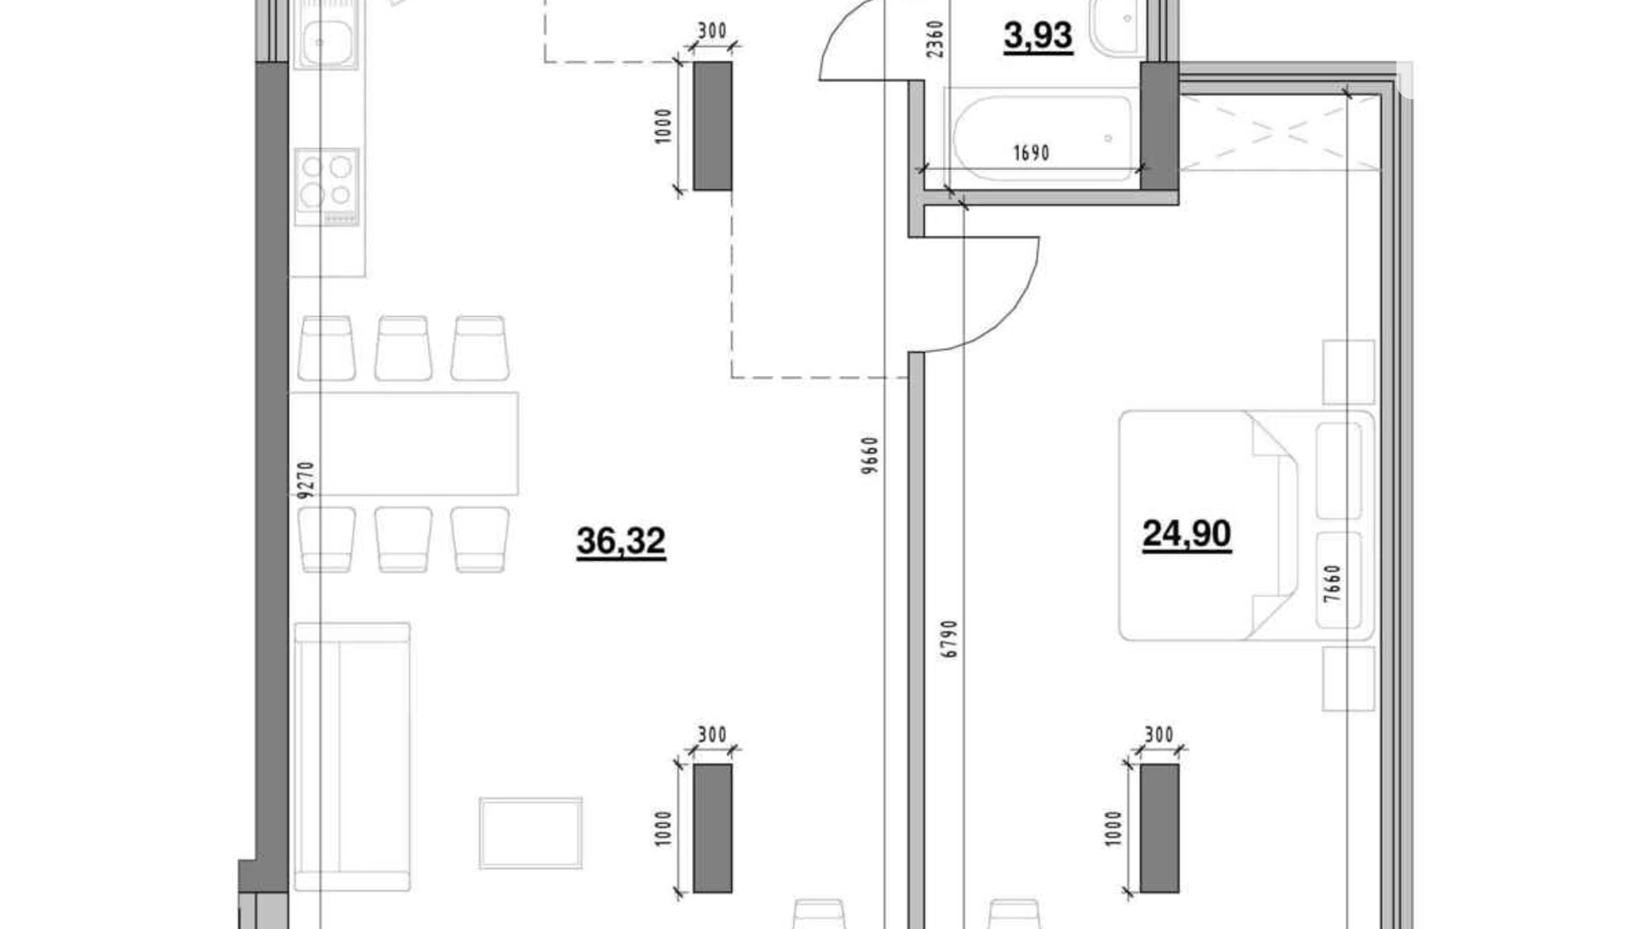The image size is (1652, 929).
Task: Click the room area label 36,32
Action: pos(621,541)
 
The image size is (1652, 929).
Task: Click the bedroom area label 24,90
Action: pos(1187,534)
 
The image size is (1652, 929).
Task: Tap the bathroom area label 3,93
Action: pos(1038,37)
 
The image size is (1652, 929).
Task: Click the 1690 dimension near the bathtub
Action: pos(1030,154)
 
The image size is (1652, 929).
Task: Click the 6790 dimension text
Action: pos(949,639)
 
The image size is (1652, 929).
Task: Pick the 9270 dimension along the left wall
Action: pos(306,480)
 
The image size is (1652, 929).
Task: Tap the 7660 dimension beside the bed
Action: pos(1332,583)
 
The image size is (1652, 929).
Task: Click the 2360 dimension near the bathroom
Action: pos(935,39)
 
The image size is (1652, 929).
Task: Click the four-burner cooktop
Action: pos(327,185)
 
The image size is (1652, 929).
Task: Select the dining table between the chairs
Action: pos(404,443)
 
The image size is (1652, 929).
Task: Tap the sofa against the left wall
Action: pos(352,756)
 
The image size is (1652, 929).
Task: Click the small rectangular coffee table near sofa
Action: pos(530,833)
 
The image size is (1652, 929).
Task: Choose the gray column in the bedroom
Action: pos(1159,828)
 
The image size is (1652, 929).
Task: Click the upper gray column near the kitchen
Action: pos(713,126)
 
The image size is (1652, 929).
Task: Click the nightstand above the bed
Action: pos(1347,371)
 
